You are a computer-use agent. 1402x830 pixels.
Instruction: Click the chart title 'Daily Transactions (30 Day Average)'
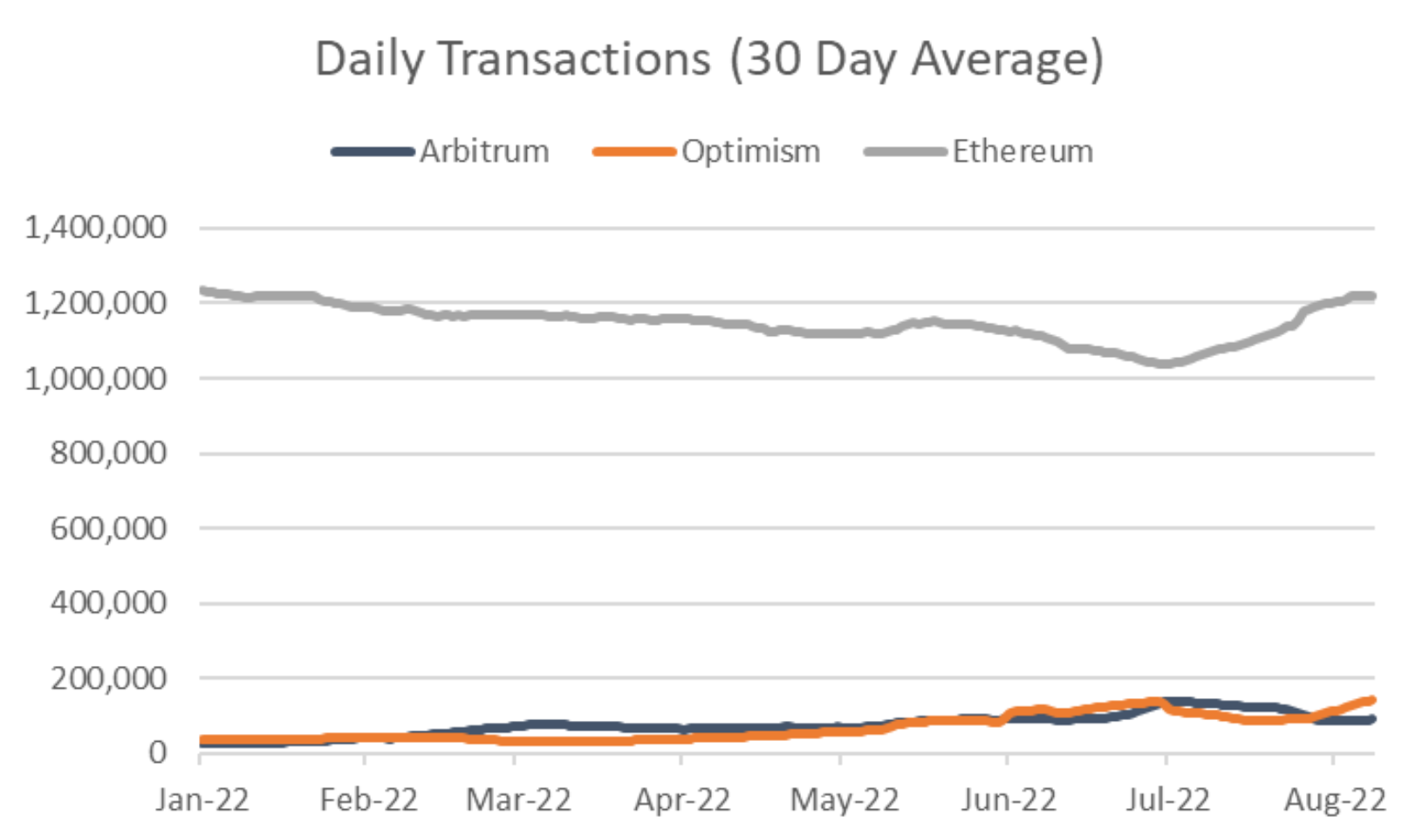708,59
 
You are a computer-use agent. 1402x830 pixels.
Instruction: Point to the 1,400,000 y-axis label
96,228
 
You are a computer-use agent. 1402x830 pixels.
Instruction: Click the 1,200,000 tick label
96,303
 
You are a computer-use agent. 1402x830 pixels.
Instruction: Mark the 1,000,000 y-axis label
96,379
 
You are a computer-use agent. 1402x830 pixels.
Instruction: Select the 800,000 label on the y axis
108,453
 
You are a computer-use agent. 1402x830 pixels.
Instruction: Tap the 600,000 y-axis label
108,528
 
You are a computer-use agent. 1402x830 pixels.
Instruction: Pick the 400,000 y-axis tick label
108,602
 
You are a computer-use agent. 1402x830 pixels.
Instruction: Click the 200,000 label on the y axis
108,678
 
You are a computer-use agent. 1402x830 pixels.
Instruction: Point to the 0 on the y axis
157,751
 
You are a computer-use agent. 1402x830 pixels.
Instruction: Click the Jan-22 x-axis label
202,799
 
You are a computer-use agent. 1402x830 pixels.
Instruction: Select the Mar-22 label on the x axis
518,799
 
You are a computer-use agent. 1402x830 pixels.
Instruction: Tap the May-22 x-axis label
844,799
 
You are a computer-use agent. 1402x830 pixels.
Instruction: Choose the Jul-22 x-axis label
1167,799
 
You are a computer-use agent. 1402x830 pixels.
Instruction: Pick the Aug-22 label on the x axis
1335,799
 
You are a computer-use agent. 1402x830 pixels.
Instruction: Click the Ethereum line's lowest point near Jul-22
1164,363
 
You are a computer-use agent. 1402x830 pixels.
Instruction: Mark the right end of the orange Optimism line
1372,700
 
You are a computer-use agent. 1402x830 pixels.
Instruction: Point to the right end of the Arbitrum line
1372,719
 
